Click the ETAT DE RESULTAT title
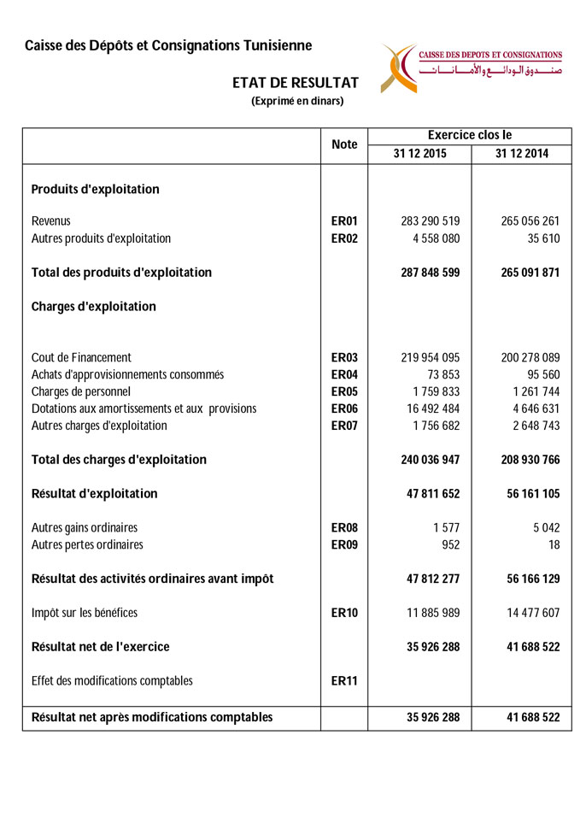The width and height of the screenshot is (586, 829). [x=296, y=83]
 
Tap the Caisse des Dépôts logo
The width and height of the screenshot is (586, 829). [x=472, y=68]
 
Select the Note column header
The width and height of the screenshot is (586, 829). [x=344, y=144]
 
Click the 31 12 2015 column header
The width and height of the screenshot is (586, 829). [x=419, y=154]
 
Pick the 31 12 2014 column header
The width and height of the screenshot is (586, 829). [x=521, y=154]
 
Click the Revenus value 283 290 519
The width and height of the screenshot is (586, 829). [x=430, y=221]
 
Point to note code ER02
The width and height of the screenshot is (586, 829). [x=344, y=238]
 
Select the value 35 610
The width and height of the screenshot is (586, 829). [x=543, y=238]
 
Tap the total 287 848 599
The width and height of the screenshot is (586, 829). [x=430, y=273]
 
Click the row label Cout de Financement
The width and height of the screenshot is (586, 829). [x=81, y=357]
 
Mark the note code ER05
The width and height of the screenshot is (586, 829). [x=344, y=391]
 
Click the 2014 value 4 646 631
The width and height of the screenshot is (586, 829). [x=530, y=409]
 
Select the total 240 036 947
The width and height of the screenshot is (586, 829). [x=430, y=460]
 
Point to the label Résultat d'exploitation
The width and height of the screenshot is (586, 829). [x=94, y=494]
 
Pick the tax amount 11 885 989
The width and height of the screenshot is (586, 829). [x=430, y=613]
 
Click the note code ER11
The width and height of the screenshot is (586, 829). [x=344, y=681]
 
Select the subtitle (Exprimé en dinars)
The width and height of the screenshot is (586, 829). [x=297, y=101]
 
